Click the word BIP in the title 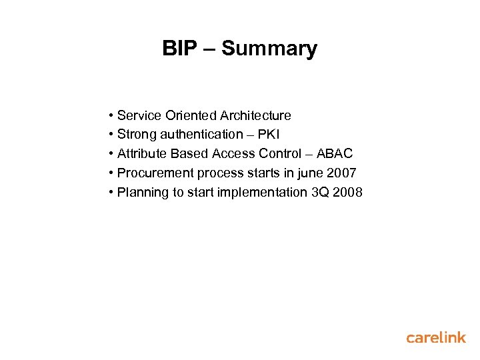click(178, 49)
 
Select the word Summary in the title click(269, 49)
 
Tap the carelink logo click(436, 337)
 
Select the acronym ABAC click(335, 154)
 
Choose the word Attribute click(142, 154)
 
